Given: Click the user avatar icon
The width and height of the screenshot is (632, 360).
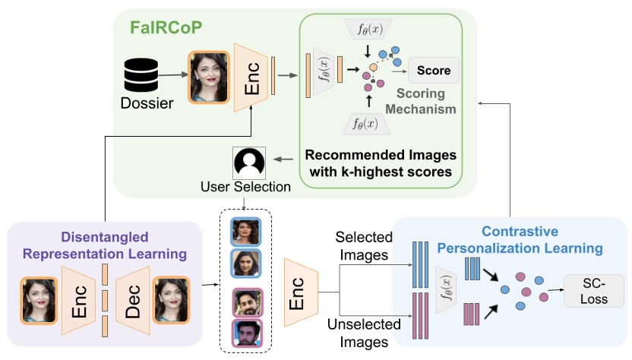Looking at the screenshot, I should tap(249, 163).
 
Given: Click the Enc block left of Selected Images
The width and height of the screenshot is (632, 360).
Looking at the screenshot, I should tap(300, 291).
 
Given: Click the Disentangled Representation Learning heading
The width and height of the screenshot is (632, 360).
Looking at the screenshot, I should tap(105, 245).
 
